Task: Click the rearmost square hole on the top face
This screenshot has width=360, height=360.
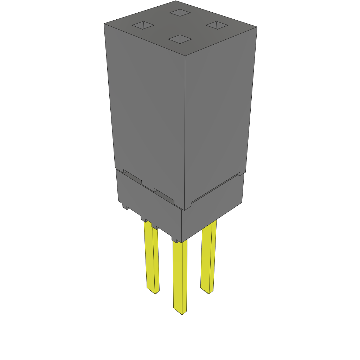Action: pos(180,13)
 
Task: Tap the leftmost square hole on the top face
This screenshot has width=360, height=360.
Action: pos(143,25)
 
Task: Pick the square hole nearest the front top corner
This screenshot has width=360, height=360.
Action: pos(180,39)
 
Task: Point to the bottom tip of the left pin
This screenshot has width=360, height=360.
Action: pos(155,292)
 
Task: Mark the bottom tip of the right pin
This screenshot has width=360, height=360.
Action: pos(209,292)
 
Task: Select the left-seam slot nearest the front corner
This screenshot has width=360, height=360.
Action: pos(164,195)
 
